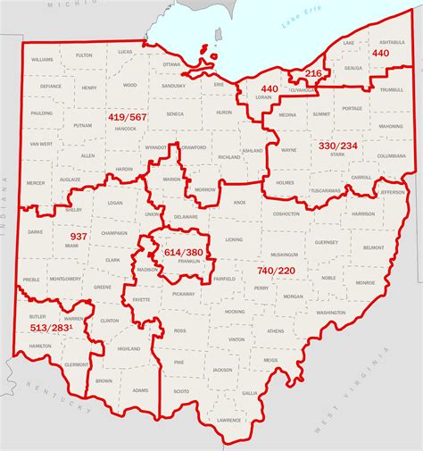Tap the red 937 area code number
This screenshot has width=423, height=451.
[79, 237]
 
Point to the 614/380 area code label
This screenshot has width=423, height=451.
[183, 253]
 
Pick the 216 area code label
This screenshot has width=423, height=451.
[313, 73]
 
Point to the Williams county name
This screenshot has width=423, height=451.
[42, 59]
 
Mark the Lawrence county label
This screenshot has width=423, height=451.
[229, 420]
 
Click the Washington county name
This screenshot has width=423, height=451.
[330, 313]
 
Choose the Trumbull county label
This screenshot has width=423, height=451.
[392, 90]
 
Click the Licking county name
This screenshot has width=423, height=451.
[234, 240]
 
